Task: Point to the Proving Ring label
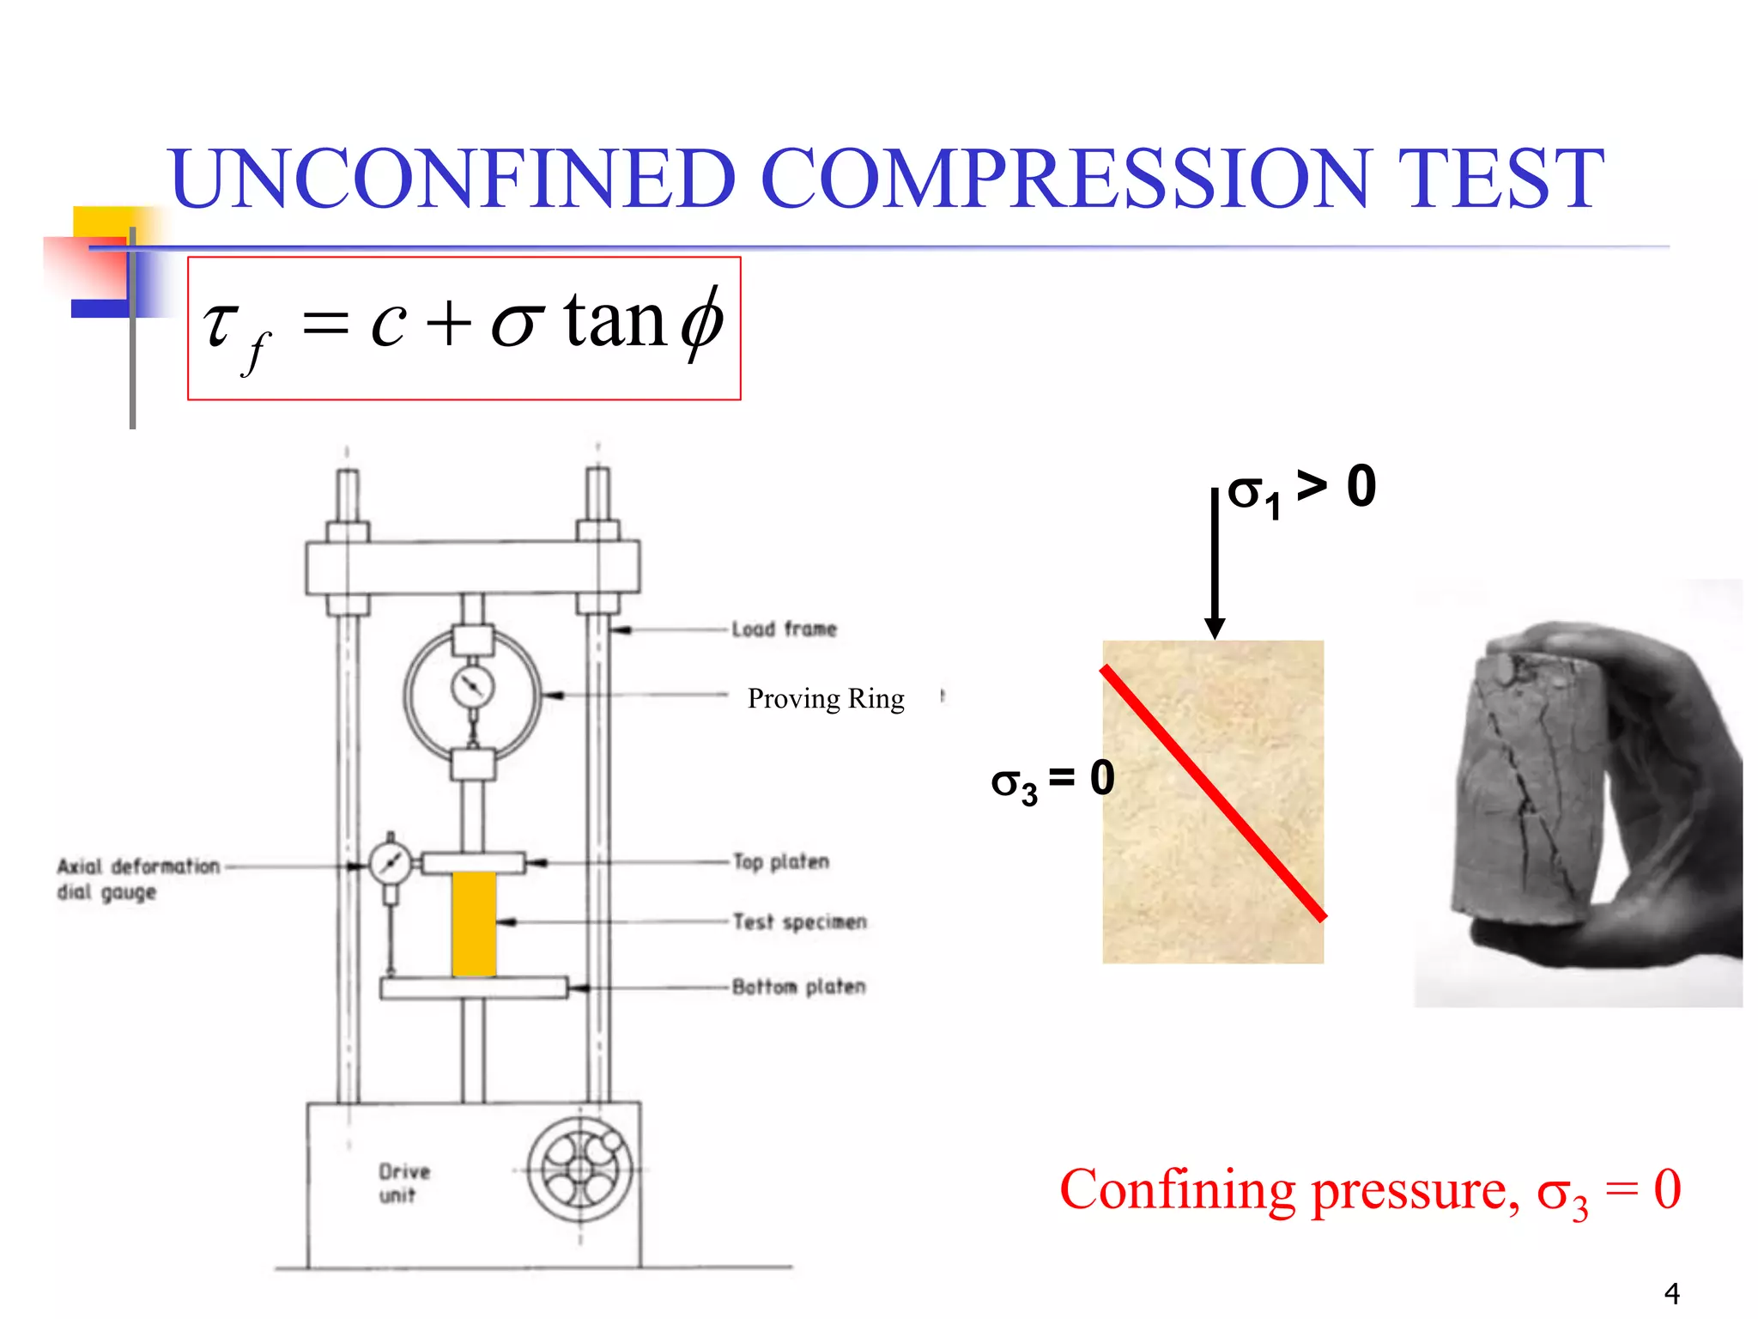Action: pyautogui.click(x=826, y=699)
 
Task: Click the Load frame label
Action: pyautogui.click(x=784, y=629)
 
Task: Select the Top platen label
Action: pyautogui.click(x=781, y=861)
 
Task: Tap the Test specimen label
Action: pyautogui.click(x=799, y=922)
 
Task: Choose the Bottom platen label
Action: pyautogui.click(x=798, y=987)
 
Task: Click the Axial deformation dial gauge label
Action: pyautogui.click(x=137, y=878)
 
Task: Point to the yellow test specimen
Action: pyautogui.click(x=474, y=923)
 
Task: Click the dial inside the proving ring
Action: pyautogui.click(x=472, y=686)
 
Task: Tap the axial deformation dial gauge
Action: pyautogui.click(x=391, y=864)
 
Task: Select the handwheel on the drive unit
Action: pyautogui.click(x=580, y=1170)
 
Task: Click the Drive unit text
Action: pyautogui.click(x=403, y=1182)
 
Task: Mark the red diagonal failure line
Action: pyautogui.click(x=1213, y=793)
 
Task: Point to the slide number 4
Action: pyautogui.click(x=1671, y=1292)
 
